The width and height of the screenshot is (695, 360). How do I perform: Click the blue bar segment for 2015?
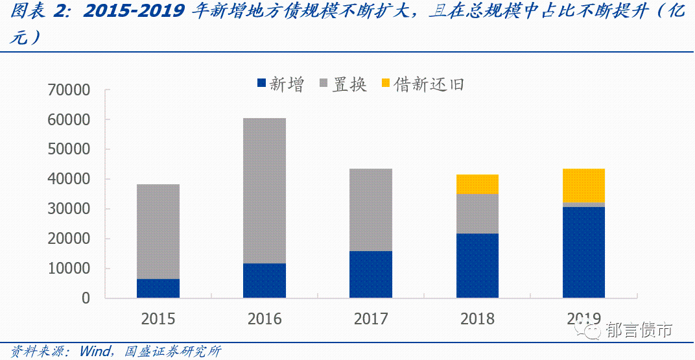(x=158, y=288)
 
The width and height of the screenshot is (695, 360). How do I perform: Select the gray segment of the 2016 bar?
(x=265, y=191)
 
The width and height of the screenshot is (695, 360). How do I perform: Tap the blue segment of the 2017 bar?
(x=371, y=274)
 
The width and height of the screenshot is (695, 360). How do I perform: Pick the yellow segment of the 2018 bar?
(x=477, y=184)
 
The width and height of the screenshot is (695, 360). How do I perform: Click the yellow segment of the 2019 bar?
(x=583, y=186)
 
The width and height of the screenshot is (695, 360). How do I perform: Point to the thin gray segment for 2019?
(x=583, y=204)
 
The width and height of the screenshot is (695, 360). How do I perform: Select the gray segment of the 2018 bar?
(x=477, y=213)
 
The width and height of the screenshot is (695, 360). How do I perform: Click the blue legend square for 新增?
(x=262, y=84)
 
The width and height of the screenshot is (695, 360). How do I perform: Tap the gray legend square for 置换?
(x=324, y=84)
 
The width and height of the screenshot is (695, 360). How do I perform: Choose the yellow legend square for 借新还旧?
(x=386, y=84)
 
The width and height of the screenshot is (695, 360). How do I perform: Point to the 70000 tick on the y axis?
(x=69, y=90)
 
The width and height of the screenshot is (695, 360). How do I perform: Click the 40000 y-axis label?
(x=69, y=179)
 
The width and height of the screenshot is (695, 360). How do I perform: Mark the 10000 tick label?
(x=69, y=269)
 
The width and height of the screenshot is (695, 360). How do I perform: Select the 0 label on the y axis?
(x=86, y=298)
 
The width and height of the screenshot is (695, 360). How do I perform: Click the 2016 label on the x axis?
(x=265, y=318)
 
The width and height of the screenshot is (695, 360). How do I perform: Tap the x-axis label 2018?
(x=477, y=318)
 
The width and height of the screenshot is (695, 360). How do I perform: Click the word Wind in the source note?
(x=96, y=352)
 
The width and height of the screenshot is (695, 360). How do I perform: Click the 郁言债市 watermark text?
(x=639, y=330)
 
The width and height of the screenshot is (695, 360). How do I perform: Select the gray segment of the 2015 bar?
(x=158, y=232)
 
